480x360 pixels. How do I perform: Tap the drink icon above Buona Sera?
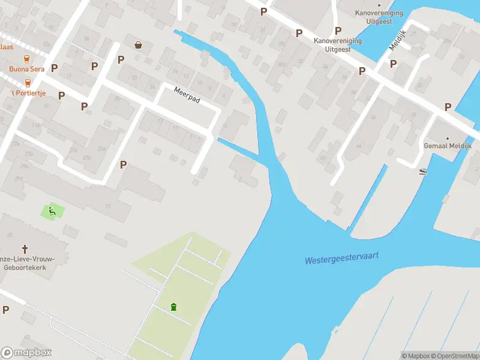click(26, 59)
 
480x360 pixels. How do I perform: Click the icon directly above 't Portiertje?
click(27, 83)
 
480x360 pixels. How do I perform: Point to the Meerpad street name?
click(186, 95)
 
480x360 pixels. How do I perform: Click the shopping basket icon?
click(139, 44)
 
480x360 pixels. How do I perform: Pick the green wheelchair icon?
click(52, 211)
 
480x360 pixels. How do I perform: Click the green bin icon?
click(173, 307)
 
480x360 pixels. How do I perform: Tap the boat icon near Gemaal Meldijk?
click(424, 171)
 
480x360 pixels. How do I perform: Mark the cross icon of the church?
click(25, 248)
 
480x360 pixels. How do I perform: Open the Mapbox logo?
click(26, 353)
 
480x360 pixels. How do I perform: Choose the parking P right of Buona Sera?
click(55, 68)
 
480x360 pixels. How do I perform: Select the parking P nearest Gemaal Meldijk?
click(448, 107)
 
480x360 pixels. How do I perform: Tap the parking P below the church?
click(6, 310)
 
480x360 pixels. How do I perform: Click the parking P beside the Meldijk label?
click(394, 64)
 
